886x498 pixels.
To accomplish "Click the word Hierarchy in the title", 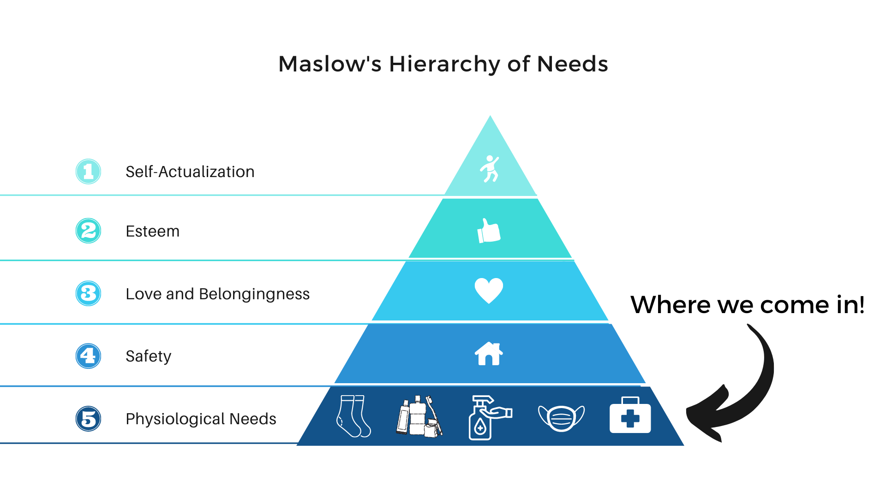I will pyautogui.click(x=444, y=64).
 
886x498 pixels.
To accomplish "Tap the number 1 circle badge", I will pyautogui.click(x=88, y=172).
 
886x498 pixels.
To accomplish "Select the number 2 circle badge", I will pyautogui.click(x=88, y=231).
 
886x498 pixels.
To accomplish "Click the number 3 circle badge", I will pyautogui.click(x=88, y=293).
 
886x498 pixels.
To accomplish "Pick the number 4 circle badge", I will pyautogui.click(x=88, y=356).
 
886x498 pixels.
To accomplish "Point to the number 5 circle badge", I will pyautogui.click(x=88, y=419).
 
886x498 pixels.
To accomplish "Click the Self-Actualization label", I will pyautogui.click(x=190, y=172).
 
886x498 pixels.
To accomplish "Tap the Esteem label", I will pyautogui.click(x=152, y=231).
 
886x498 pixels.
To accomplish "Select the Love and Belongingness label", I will pyautogui.click(x=217, y=294).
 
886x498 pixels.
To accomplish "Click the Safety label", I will pyautogui.click(x=148, y=356).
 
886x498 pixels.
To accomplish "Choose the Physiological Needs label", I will pyautogui.click(x=201, y=419).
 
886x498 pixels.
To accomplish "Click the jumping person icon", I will pyautogui.click(x=489, y=169).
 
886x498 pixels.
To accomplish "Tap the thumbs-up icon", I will pyautogui.click(x=489, y=231).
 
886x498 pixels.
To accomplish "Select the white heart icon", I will pyautogui.click(x=489, y=290).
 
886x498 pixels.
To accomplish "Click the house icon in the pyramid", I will pyautogui.click(x=489, y=354).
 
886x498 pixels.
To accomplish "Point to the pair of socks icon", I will pyautogui.click(x=353, y=416).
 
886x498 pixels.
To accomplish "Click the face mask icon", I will pyautogui.click(x=561, y=418).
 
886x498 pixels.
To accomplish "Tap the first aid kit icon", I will pyautogui.click(x=630, y=415).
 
